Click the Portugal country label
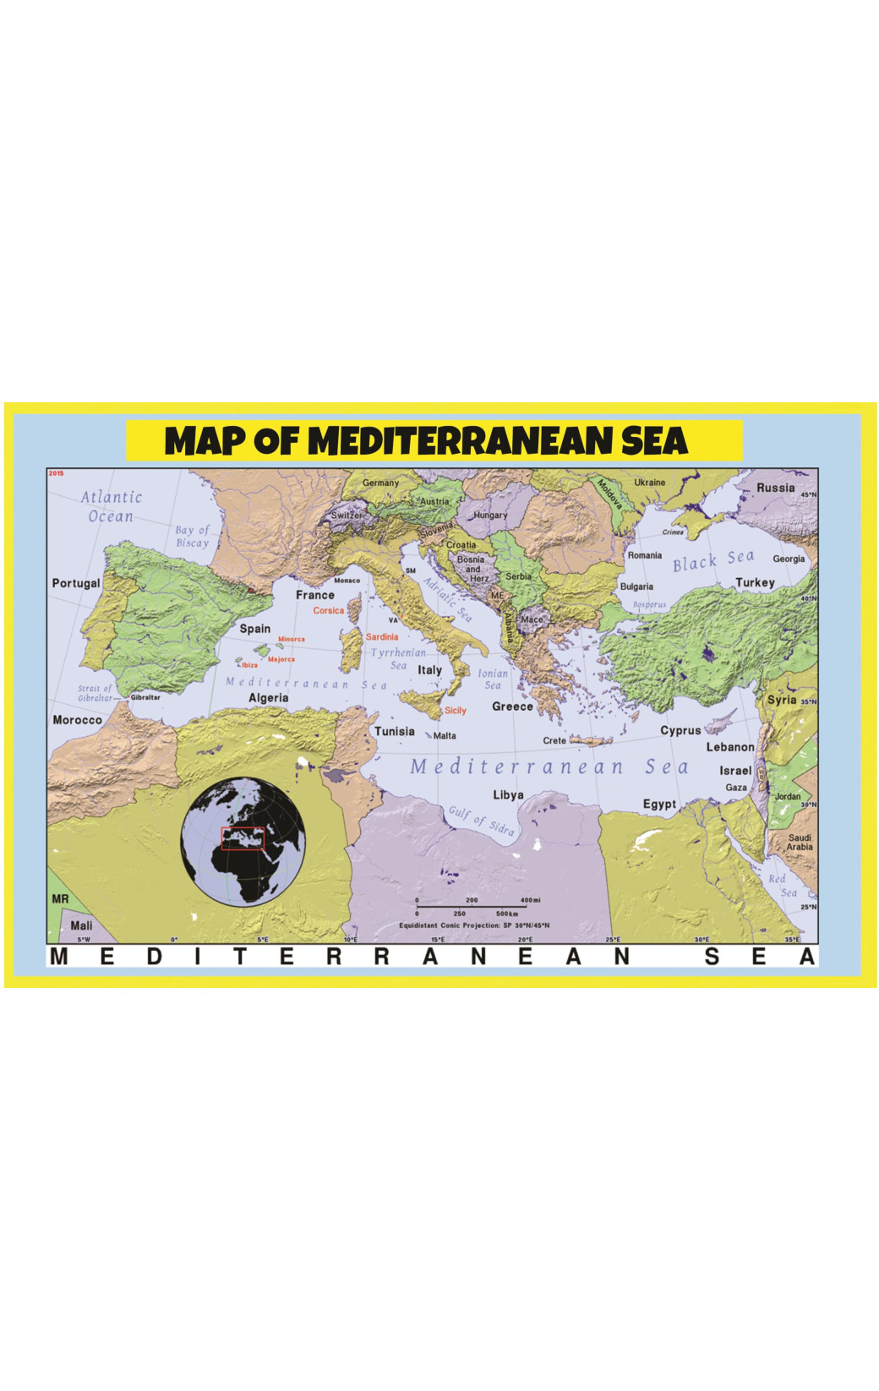click(x=76, y=583)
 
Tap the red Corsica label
click(x=329, y=610)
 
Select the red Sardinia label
click(x=381, y=636)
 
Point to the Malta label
click(x=445, y=735)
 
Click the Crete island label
click(x=554, y=740)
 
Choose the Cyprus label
click(x=680, y=730)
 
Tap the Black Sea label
click(x=712, y=560)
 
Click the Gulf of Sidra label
click(x=481, y=820)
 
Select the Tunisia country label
click(x=395, y=731)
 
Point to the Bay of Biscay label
click(x=192, y=536)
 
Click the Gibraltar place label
click(x=145, y=697)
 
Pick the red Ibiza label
click(x=249, y=665)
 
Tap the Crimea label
click(x=673, y=532)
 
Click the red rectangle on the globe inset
click(x=243, y=838)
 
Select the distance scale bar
click(x=472, y=906)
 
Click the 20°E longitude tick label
click(x=525, y=939)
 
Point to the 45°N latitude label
click(x=809, y=494)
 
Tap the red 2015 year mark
click(x=57, y=473)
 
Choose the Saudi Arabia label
click(x=800, y=842)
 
